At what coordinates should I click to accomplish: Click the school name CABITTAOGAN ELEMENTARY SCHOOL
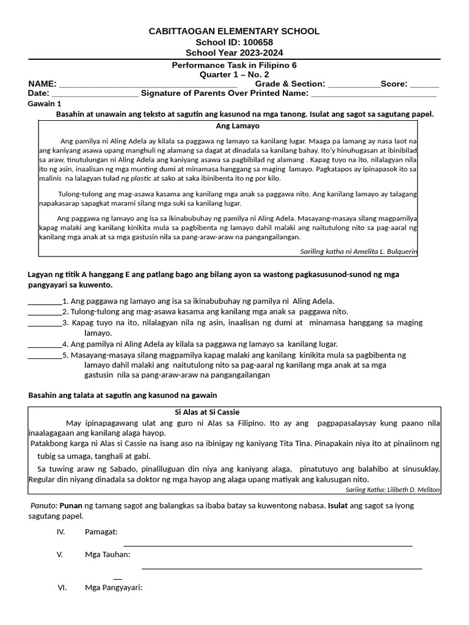coord(234,31)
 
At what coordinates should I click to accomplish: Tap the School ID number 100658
coord(257,42)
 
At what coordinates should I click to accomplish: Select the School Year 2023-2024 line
coord(234,52)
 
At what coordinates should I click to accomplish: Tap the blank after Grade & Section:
coord(354,84)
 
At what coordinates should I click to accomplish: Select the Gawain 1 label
coord(45,104)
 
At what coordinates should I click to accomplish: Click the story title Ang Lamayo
coord(238,126)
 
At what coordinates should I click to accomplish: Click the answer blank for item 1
coord(45,301)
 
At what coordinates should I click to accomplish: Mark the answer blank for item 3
coord(45,322)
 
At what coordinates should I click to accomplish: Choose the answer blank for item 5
coord(45,355)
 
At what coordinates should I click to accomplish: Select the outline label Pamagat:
coord(101,532)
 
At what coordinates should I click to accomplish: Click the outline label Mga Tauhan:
coord(107,554)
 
